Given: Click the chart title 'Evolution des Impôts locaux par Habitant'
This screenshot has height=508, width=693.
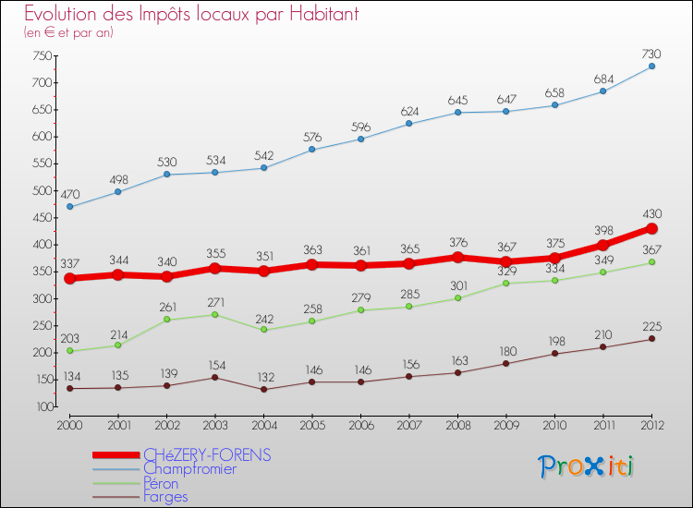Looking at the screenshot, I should pyautogui.click(x=191, y=15).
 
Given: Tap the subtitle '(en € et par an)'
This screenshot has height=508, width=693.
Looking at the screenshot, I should pyautogui.click(x=68, y=32).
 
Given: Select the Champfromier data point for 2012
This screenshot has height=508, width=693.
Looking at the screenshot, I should pyautogui.click(x=651, y=67).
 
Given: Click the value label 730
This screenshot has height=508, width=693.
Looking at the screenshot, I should pyautogui.click(x=651, y=54).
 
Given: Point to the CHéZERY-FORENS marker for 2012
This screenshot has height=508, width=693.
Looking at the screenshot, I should pyautogui.click(x=651, y=228).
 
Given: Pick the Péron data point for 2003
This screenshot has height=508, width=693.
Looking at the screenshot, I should pyautogui.click(x=214, y=314).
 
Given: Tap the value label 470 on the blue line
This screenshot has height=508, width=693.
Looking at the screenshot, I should pyautogui.click(x=70, y=194).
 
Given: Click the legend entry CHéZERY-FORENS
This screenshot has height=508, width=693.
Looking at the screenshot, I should pyautogui.click(x=207, y=454).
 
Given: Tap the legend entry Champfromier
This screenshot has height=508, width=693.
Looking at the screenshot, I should pyautogui.click(x=189, y=469).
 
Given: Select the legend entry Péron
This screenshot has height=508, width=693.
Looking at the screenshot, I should pyautogui.click(x=161, y=483).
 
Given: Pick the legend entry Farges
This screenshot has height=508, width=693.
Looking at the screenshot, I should pyautogui.click(x=165, y=497).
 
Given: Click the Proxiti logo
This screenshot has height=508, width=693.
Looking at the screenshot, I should pyautogui.click(x=587, y=466).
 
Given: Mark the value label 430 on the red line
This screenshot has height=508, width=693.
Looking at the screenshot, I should pyautogui.click(x=651, y=214).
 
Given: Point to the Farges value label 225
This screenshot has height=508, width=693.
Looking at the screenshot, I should pyautogui.click(x=651, y=325).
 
